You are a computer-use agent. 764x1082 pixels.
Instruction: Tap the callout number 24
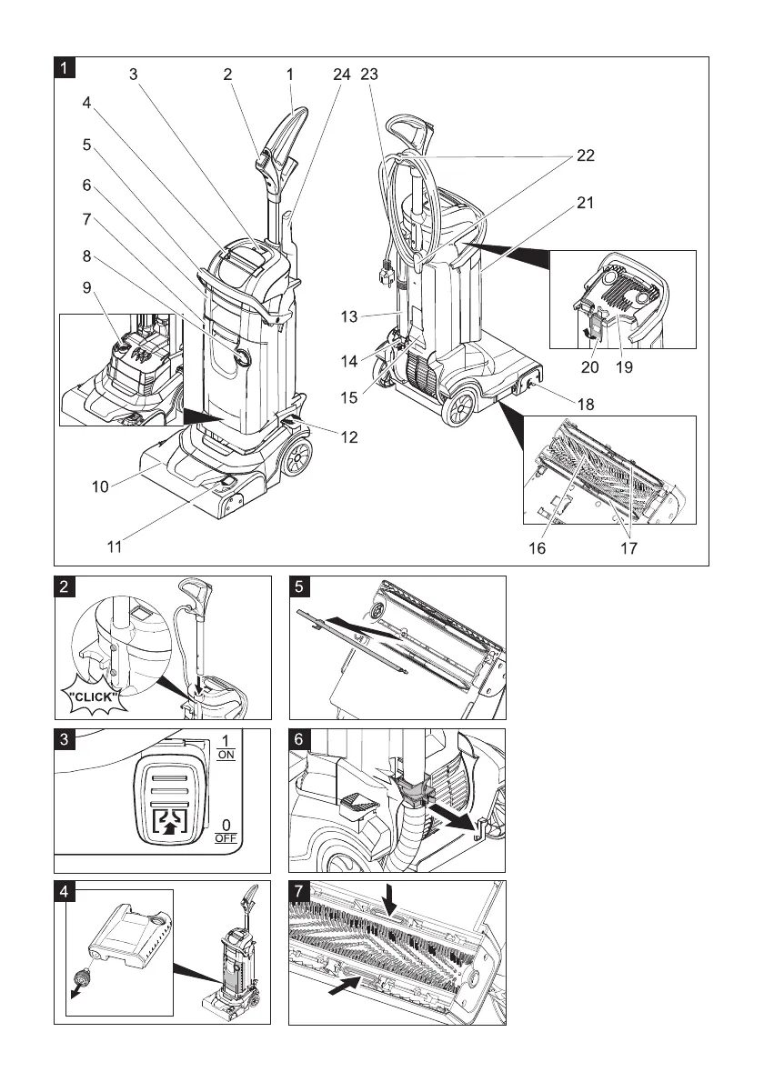[341, 76]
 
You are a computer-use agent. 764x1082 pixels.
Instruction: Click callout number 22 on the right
[585, 156]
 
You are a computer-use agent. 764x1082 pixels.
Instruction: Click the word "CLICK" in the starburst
[92, 697]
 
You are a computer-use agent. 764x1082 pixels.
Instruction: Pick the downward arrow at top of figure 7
[390, 901]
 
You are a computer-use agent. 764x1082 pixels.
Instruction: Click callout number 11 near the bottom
[114, 548]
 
